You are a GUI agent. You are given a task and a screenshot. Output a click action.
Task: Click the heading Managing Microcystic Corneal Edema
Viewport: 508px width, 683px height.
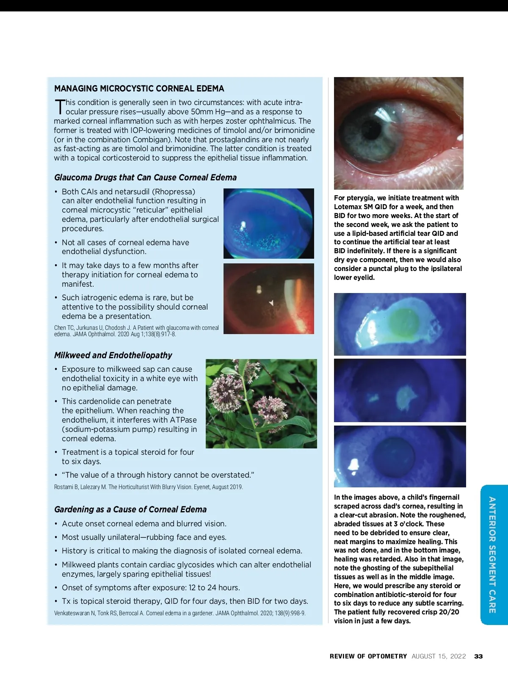click(139, 88)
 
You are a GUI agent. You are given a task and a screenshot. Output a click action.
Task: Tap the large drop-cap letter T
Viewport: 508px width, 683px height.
click(60, 107)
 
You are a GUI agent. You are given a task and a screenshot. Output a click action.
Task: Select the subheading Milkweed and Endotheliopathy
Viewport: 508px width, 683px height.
click(113, 355)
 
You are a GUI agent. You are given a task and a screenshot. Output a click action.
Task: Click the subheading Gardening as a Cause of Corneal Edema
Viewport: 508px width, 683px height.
click(130, 509)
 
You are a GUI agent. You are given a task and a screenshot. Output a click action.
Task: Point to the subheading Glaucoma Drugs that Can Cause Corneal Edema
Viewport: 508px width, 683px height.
click(145, 177)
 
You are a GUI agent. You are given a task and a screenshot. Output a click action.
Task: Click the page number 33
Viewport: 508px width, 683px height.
click(478, 656)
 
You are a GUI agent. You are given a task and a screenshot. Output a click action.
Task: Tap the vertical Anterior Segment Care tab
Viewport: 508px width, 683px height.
click(492, 555)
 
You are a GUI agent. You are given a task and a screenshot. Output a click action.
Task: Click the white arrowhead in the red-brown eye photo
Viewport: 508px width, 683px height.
click(271, 302)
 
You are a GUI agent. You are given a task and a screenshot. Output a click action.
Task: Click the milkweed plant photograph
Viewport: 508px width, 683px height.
click(261, 404)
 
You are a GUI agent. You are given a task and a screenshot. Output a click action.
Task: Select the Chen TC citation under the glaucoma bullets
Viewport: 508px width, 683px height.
click(136, 331)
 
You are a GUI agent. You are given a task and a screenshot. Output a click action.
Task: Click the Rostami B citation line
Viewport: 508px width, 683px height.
click(148, 487)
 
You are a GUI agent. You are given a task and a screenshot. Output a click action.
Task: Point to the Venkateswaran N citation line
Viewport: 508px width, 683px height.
click(179, 613)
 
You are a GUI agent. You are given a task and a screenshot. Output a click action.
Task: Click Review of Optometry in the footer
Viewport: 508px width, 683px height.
click(368, 656)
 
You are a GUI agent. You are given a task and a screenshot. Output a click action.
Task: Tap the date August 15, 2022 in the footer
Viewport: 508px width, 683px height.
click(439, 656)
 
